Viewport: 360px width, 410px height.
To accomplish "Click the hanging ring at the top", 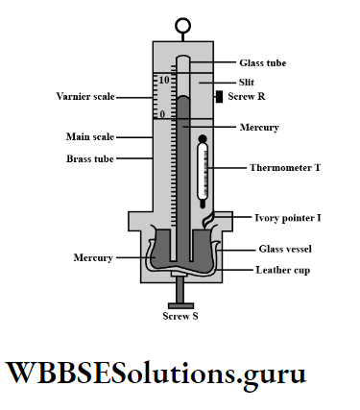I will [x=180, y=25].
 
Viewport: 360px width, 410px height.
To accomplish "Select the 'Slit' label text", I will [x=246, y=82].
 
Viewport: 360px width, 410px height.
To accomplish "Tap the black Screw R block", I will [x=220, y=97].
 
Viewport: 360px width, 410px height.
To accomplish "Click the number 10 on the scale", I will [x=164, y=80].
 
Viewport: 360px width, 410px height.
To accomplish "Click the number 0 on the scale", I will [x=162, y=113].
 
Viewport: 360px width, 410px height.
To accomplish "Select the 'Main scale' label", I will [x=90, y=136].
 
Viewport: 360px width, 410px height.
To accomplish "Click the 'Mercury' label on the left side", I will [x=94, y=257].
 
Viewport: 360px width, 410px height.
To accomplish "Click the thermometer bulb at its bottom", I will [x=202, y=205].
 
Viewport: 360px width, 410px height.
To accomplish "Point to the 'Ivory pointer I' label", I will [x=287, y=218].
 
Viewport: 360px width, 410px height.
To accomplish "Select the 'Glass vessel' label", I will [x=284, y=249].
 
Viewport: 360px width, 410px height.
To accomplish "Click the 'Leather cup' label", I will [x=281, y=270].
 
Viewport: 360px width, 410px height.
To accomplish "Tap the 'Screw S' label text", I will [x=180, y=316].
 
